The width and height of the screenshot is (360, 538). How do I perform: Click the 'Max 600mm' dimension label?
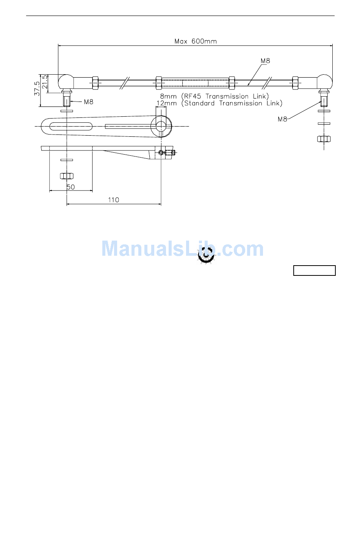(x=196, y=41)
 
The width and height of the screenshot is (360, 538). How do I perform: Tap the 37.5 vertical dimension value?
(x=37, y=89)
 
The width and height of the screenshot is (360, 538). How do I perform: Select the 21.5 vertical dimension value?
(x=45, y=82)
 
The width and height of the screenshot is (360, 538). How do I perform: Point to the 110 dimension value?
(x=113, y=200)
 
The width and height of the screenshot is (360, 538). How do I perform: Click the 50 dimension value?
(x=70, y=187)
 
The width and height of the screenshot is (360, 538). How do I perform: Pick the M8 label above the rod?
(x=265, y=61)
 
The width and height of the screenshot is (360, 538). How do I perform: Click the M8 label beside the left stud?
(x=88, y=102)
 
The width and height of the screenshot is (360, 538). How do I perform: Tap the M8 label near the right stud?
(x=282, y=119)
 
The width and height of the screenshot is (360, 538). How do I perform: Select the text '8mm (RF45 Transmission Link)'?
(x=214, y=96)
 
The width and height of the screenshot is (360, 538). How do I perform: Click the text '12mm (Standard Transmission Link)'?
(x=219, y=103)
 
